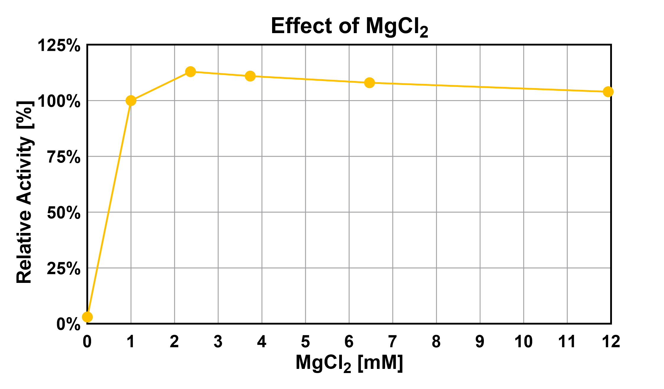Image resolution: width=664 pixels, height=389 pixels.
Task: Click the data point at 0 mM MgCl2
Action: click(x=87, y=317)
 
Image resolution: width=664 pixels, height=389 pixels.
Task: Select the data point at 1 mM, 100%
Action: click(x=131, y=101)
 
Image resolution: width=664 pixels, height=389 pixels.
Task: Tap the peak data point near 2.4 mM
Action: click(x=190, y=71)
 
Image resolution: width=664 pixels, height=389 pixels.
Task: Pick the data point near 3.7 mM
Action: click(x=250, y=76)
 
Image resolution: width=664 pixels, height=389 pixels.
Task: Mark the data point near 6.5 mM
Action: click(x=369, y=82)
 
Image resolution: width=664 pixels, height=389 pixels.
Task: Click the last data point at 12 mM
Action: click(x=608, y=92)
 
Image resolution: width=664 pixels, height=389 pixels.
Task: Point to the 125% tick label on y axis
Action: click(x=59, y=46)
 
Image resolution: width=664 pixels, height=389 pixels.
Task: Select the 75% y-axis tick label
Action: click(x=64, y=157)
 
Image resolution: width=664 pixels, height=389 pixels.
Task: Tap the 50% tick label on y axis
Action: click(x=64, y=213)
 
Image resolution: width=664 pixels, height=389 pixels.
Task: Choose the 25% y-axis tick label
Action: click(x=64, y=269)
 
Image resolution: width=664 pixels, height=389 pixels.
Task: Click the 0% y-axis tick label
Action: click(x=68, y=325)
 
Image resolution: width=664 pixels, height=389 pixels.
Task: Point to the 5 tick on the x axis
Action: click(x=305, y=342)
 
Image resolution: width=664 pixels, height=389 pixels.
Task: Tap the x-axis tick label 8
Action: click(x=436, y=342)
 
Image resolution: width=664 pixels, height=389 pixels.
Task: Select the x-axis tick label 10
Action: click(x=524, y=342)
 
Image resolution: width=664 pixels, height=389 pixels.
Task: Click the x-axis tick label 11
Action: click(x=567, y=342)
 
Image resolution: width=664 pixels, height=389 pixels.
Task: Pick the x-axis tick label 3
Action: click(x=218, y=342)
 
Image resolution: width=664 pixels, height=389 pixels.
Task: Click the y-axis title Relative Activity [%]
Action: click(x=24, y=192)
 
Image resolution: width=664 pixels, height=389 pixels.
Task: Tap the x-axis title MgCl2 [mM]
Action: click(x=349, y=363)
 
